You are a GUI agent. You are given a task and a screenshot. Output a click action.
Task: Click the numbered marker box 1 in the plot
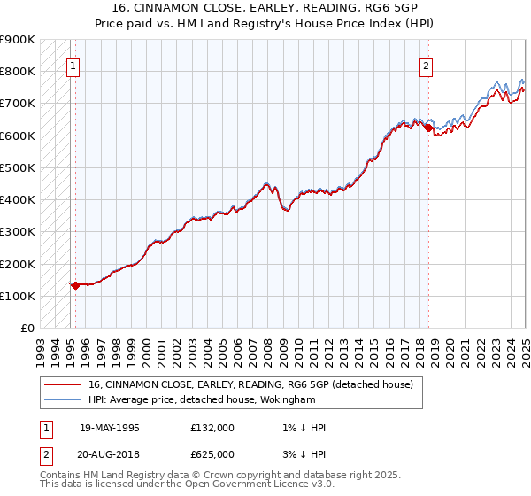(72, 65)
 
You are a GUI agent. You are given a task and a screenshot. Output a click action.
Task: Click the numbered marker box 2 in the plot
(427, 65)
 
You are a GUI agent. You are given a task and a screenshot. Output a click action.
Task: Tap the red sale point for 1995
(75, 285)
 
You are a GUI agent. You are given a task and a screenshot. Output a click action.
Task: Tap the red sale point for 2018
(428, 128)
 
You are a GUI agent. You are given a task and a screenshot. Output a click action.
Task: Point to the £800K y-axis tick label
(18, 71)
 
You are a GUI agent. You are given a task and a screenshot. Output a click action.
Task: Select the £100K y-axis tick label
(18, 296)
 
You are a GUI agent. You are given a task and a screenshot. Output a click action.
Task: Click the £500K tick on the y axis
(18, 167)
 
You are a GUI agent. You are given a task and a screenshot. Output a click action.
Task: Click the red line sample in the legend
(63, 384)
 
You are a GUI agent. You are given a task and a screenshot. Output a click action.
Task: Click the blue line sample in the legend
(63, 400)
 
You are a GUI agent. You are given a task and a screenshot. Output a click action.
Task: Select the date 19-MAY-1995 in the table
(110, 428)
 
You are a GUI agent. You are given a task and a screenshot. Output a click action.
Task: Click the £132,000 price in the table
(212, 428)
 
